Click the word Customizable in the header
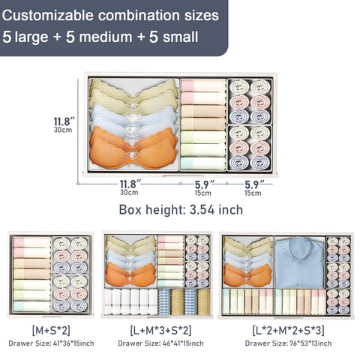(x=47, y=16)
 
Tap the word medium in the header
(x=106, y=37)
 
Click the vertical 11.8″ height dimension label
(x=64, y=121)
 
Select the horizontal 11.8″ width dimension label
(x=130, y=184)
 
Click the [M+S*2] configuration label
(x=51, y=330)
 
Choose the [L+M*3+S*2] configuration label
(x=161, y=330)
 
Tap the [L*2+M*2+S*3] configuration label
(x=289, y=330)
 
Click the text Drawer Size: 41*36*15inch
(x=51, y=343)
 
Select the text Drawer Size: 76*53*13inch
(x=289, y=343)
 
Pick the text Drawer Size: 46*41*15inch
(x=160, y=343)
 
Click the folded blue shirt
(x=299, y=262)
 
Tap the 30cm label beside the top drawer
(x=63, y=130)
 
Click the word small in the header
(x=180, y=37)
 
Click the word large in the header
(x=31, y=37)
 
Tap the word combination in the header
(x=139, y=16)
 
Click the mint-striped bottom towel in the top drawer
(x=202, y=163)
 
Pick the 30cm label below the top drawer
(x=129, y=193)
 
